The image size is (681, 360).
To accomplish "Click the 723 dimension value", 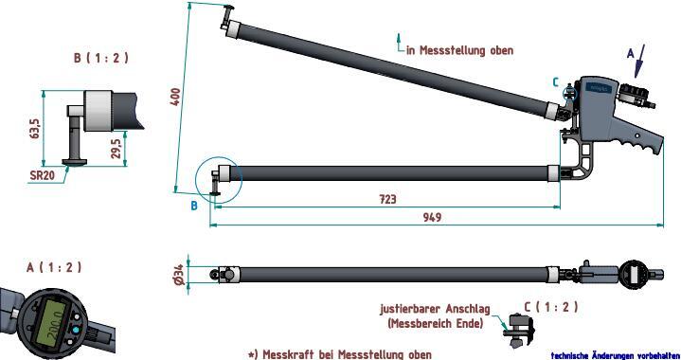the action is pos(387,199).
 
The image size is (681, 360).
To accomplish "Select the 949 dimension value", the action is pos(432,218).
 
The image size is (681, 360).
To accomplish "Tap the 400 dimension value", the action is pos(176,97).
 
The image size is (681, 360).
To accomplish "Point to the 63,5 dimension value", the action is pos(35,129).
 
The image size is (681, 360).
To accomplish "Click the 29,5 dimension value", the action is pos(116,149).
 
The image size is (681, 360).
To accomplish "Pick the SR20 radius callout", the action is pos(42,175).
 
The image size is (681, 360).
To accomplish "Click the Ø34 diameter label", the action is pos(178,275).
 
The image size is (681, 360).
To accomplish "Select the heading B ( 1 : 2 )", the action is pos(101,58).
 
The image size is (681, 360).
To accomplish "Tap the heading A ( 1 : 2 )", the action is pos(54,267).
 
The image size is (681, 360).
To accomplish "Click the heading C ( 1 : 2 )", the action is pos(551,307).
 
